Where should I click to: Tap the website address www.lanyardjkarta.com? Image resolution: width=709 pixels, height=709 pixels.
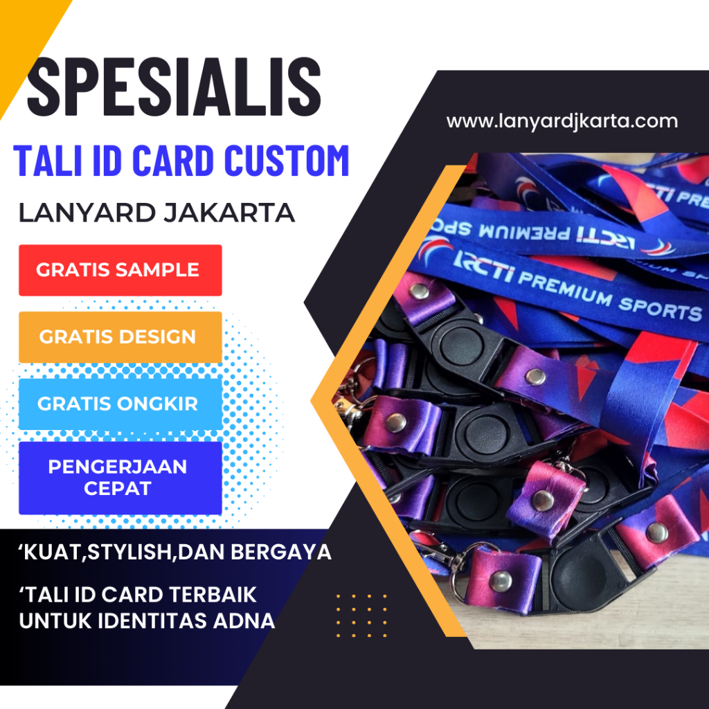click(x=562, y=121)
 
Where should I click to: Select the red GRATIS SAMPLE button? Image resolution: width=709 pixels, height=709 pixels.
click(x=120, y=270)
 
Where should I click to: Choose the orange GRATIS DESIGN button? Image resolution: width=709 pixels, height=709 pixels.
click(x=120, y=337)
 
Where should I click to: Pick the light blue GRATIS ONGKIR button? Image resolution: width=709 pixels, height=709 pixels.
click(x=120, y=404)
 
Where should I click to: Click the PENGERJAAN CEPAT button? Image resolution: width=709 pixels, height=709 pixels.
click(x=120, y=478)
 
